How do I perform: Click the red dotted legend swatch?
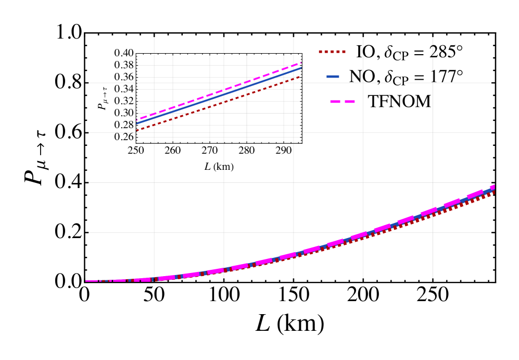coord(332,52)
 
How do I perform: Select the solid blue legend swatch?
coord(333,77)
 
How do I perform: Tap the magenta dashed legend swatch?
coord(342,102)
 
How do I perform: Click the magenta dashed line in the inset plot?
coord(219,92)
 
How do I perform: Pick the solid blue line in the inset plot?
coord(219,96)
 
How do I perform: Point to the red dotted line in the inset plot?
coord(219,103)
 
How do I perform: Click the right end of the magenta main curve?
coord(492,187)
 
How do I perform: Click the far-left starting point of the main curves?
coord(87,281)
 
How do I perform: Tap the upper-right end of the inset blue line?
coord(301,68)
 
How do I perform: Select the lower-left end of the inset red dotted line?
coord(137,130)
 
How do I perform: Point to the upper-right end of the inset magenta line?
coord(301,63)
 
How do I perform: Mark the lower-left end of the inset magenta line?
coord(137,119)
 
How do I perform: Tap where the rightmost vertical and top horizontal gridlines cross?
coord(432,82)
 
